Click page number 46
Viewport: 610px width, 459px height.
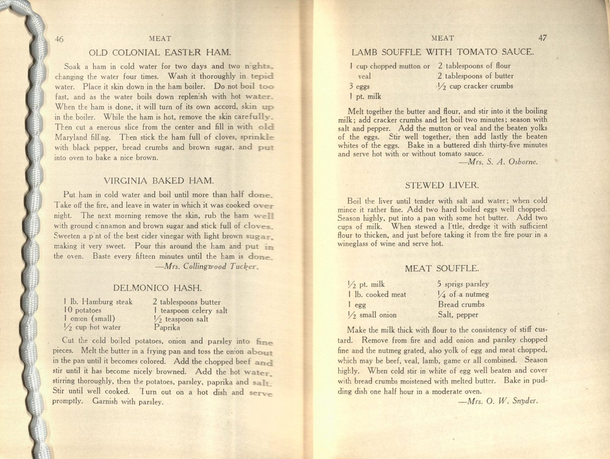click(59, 39)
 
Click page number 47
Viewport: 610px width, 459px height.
click(542, 38)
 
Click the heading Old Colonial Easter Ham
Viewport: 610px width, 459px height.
click(160, 53)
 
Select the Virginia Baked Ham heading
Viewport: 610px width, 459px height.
click(159, 181)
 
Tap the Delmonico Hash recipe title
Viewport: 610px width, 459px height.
click(157, 288)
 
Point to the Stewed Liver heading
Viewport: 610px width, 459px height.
click(442, 185)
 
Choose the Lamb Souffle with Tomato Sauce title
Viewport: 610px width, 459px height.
click(443, 52)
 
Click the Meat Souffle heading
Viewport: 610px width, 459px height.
click(442, 268)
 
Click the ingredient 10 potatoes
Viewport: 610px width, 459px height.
click(82, 310)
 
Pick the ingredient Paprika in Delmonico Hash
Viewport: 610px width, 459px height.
click(167, 328)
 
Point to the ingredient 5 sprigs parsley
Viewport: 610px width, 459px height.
click(463, 284)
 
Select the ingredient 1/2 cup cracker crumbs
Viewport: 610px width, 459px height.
click(475, 86)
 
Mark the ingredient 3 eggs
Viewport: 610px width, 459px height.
click(359, 86)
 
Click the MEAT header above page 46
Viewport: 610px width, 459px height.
click(160, 39)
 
